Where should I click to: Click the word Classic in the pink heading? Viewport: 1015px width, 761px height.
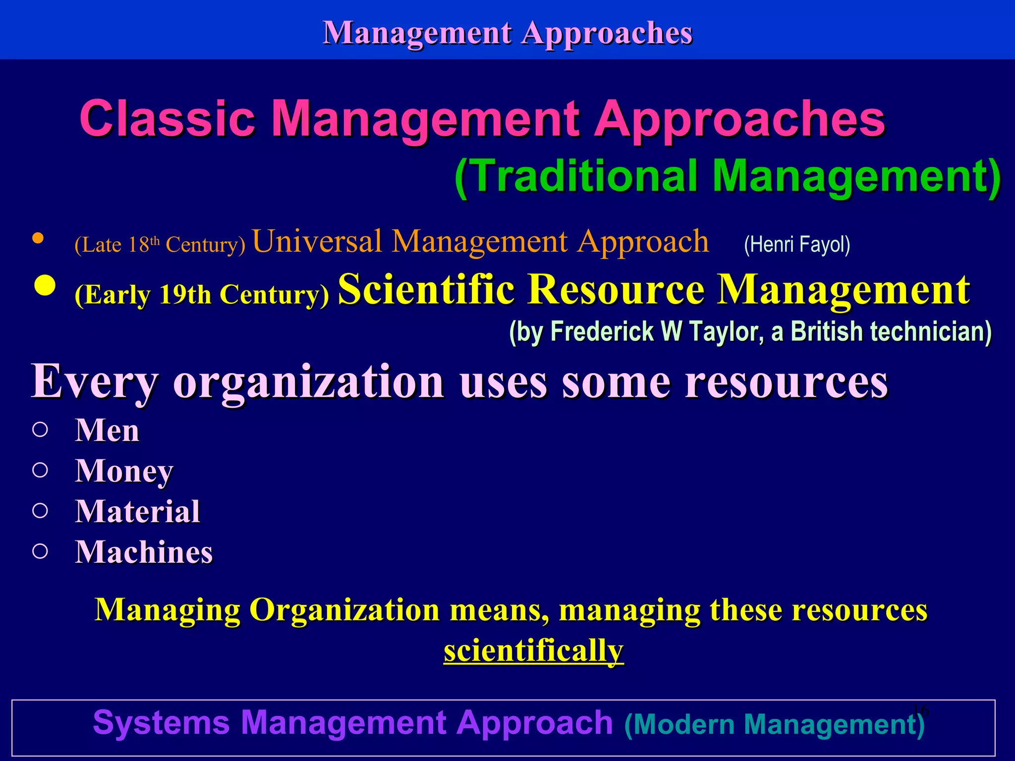click(167, 119)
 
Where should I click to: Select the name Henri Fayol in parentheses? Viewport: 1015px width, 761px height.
click(797, 245)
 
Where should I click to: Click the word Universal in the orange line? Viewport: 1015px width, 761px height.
click(317, 242)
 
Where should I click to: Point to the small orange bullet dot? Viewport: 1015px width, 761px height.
click(38, 238)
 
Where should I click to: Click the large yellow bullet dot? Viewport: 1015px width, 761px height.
click(45, 286)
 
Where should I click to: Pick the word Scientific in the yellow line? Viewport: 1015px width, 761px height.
click(426, 290)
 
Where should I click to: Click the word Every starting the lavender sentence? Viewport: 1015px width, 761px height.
click(95, 381)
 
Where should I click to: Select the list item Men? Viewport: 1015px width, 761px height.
click(107, 430)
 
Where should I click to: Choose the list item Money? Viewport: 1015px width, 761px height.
click(124, 471)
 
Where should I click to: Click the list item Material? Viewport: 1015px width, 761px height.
click(137, 511)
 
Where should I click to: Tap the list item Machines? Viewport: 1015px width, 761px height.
click(144, 552)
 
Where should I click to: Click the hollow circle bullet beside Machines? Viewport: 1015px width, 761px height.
click(40, 551)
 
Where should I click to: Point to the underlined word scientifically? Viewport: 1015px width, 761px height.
click(533, 651)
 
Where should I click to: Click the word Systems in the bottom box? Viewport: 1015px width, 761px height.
click(161, 722)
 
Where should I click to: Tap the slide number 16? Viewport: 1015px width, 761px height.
click(920, 710)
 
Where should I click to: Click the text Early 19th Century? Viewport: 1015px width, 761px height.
click(202, 295)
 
